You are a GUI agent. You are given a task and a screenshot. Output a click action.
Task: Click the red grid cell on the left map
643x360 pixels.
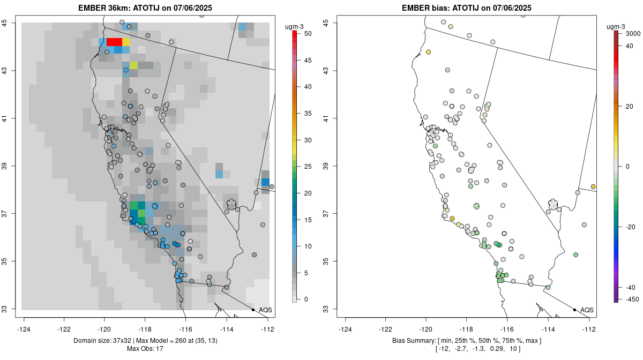click(114, 42)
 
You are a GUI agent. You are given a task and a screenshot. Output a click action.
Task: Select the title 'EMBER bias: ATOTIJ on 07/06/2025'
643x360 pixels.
click(467, 7)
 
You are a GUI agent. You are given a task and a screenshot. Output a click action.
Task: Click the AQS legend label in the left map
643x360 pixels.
click(265, 310)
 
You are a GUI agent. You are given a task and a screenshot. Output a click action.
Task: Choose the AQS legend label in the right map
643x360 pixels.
click(587, 310)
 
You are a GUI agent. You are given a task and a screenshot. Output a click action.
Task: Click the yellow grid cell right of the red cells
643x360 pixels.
click(126, 42)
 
